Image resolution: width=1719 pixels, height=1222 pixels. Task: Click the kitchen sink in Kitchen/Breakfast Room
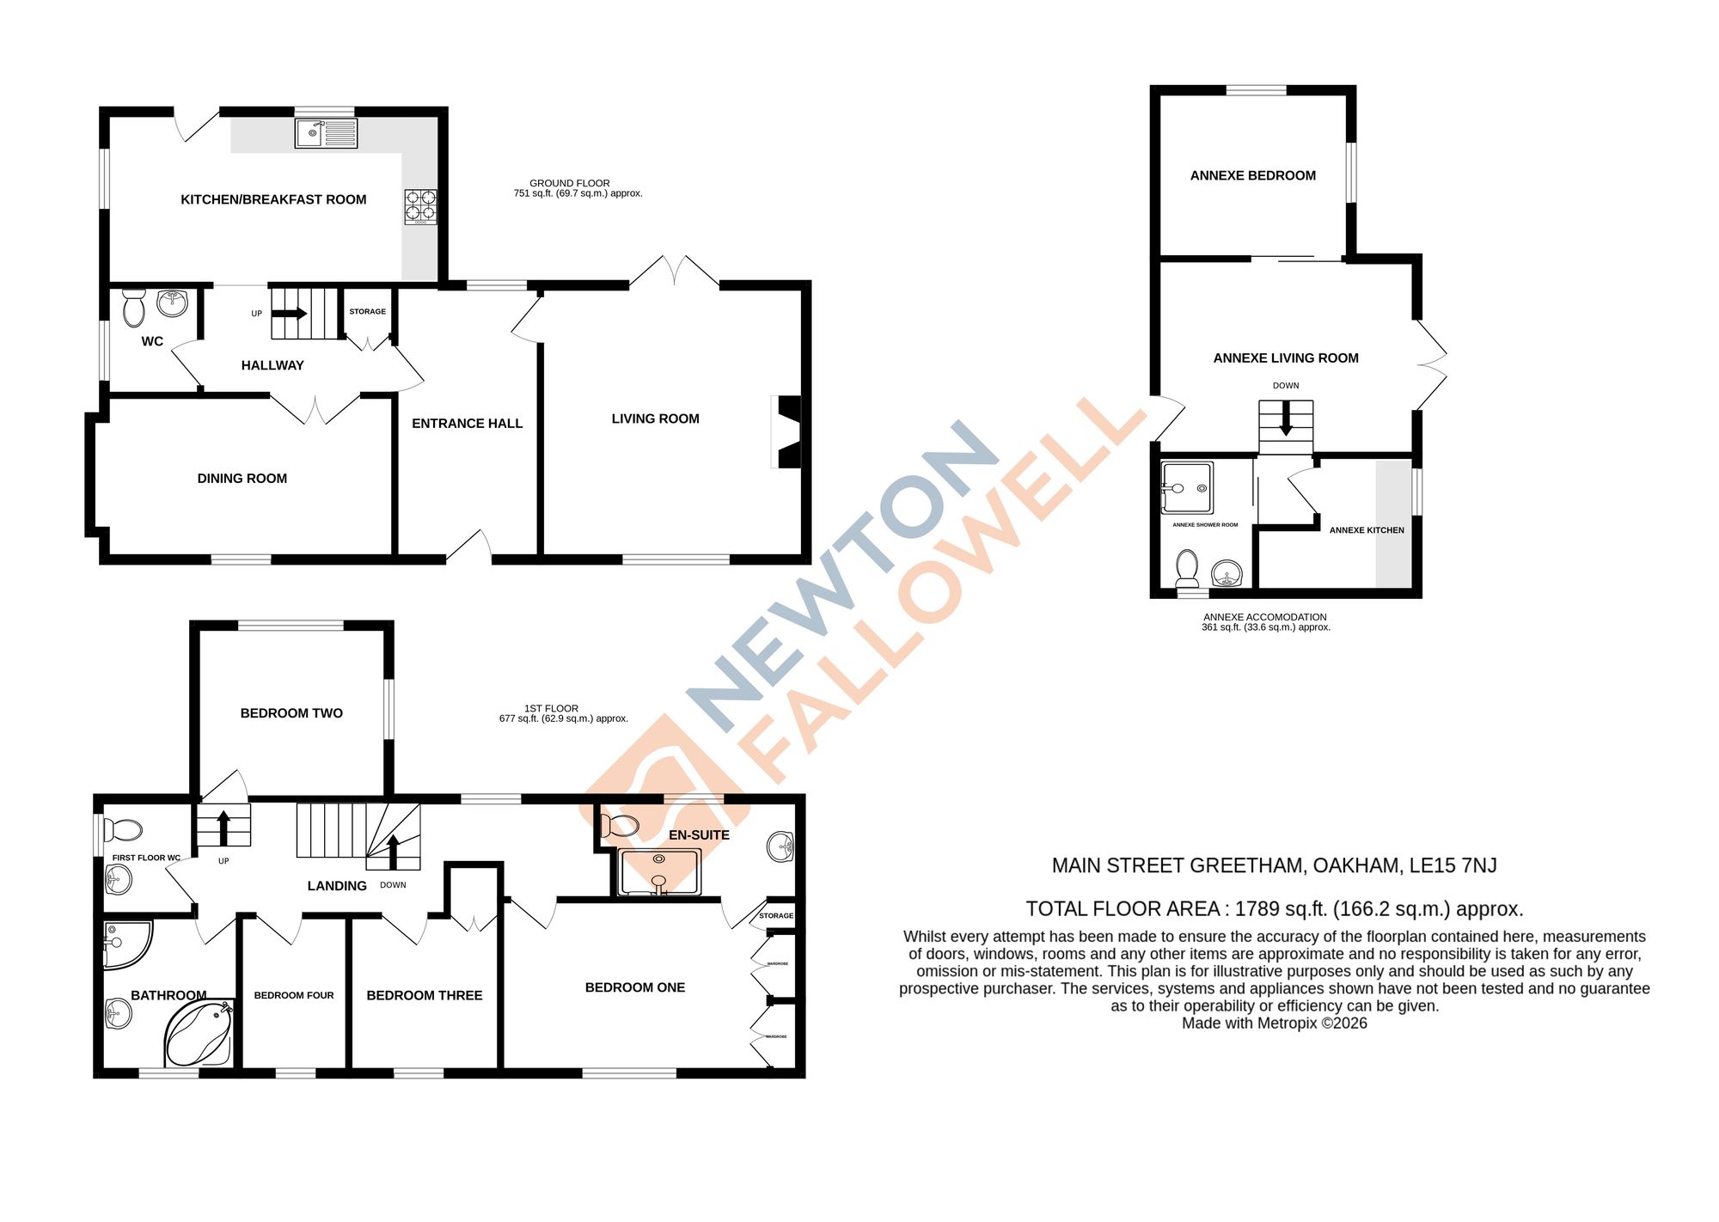coord(326,133)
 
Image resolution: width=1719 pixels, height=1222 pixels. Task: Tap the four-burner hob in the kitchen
coord(420,206)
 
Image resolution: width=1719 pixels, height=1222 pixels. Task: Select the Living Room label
coord(655,419)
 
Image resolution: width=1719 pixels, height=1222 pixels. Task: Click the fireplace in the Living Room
coord(788,431)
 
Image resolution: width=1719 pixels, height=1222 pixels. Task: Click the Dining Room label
coord(242,479)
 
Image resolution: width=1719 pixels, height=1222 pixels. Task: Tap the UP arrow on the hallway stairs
coord(290,314)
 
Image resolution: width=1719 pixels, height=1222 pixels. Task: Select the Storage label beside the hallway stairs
coord(367,312)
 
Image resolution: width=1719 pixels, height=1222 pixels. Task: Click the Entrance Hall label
coord(467,424)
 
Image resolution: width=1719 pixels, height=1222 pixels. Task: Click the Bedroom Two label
coord(291,713)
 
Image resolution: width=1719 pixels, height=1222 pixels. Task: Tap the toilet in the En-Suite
coord(619,826)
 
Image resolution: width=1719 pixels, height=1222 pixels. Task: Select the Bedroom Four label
coord(294,995)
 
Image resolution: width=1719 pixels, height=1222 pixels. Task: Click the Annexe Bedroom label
coord(1252,175)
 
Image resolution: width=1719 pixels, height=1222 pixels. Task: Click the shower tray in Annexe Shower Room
coord(1187,488)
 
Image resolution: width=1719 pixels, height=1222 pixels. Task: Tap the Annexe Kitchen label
coord(1367,530)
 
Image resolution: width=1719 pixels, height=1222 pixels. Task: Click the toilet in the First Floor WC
coord(123,830)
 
